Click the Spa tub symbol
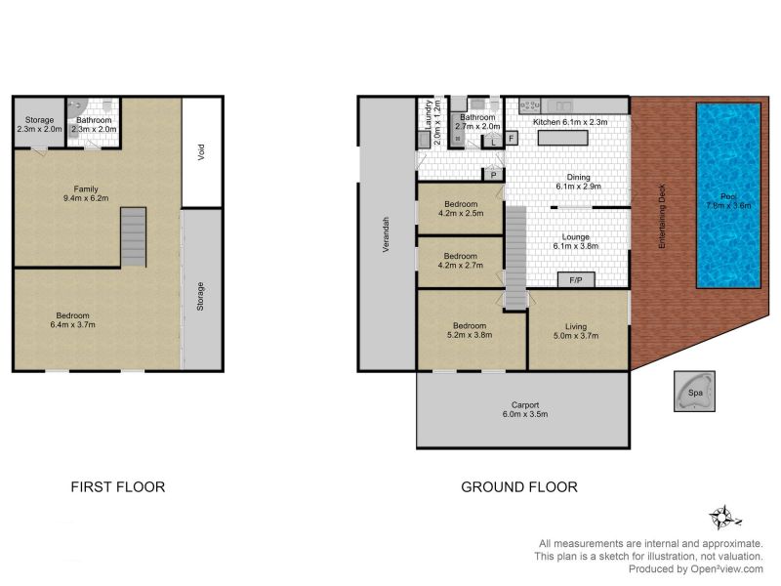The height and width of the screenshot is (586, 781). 694,392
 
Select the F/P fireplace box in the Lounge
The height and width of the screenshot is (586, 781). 576,280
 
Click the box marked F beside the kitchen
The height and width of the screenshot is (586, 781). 512,138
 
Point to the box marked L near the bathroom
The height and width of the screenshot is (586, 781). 493,142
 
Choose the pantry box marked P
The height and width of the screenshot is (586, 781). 493,175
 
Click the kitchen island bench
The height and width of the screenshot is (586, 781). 563,138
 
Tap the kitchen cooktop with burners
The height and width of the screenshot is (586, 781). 529,105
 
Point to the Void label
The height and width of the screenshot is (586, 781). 201,152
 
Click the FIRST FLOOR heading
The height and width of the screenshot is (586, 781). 117,486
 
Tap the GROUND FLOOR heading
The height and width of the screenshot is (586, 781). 519,486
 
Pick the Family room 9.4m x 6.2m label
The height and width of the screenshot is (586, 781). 86,193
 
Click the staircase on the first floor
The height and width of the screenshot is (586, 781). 134,237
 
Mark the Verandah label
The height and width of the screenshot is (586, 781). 386,234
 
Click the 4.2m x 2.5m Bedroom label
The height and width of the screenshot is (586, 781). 461,209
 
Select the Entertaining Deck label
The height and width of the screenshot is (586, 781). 662,216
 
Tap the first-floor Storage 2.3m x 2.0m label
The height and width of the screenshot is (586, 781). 39,124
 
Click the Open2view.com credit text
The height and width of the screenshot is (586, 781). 695,568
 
